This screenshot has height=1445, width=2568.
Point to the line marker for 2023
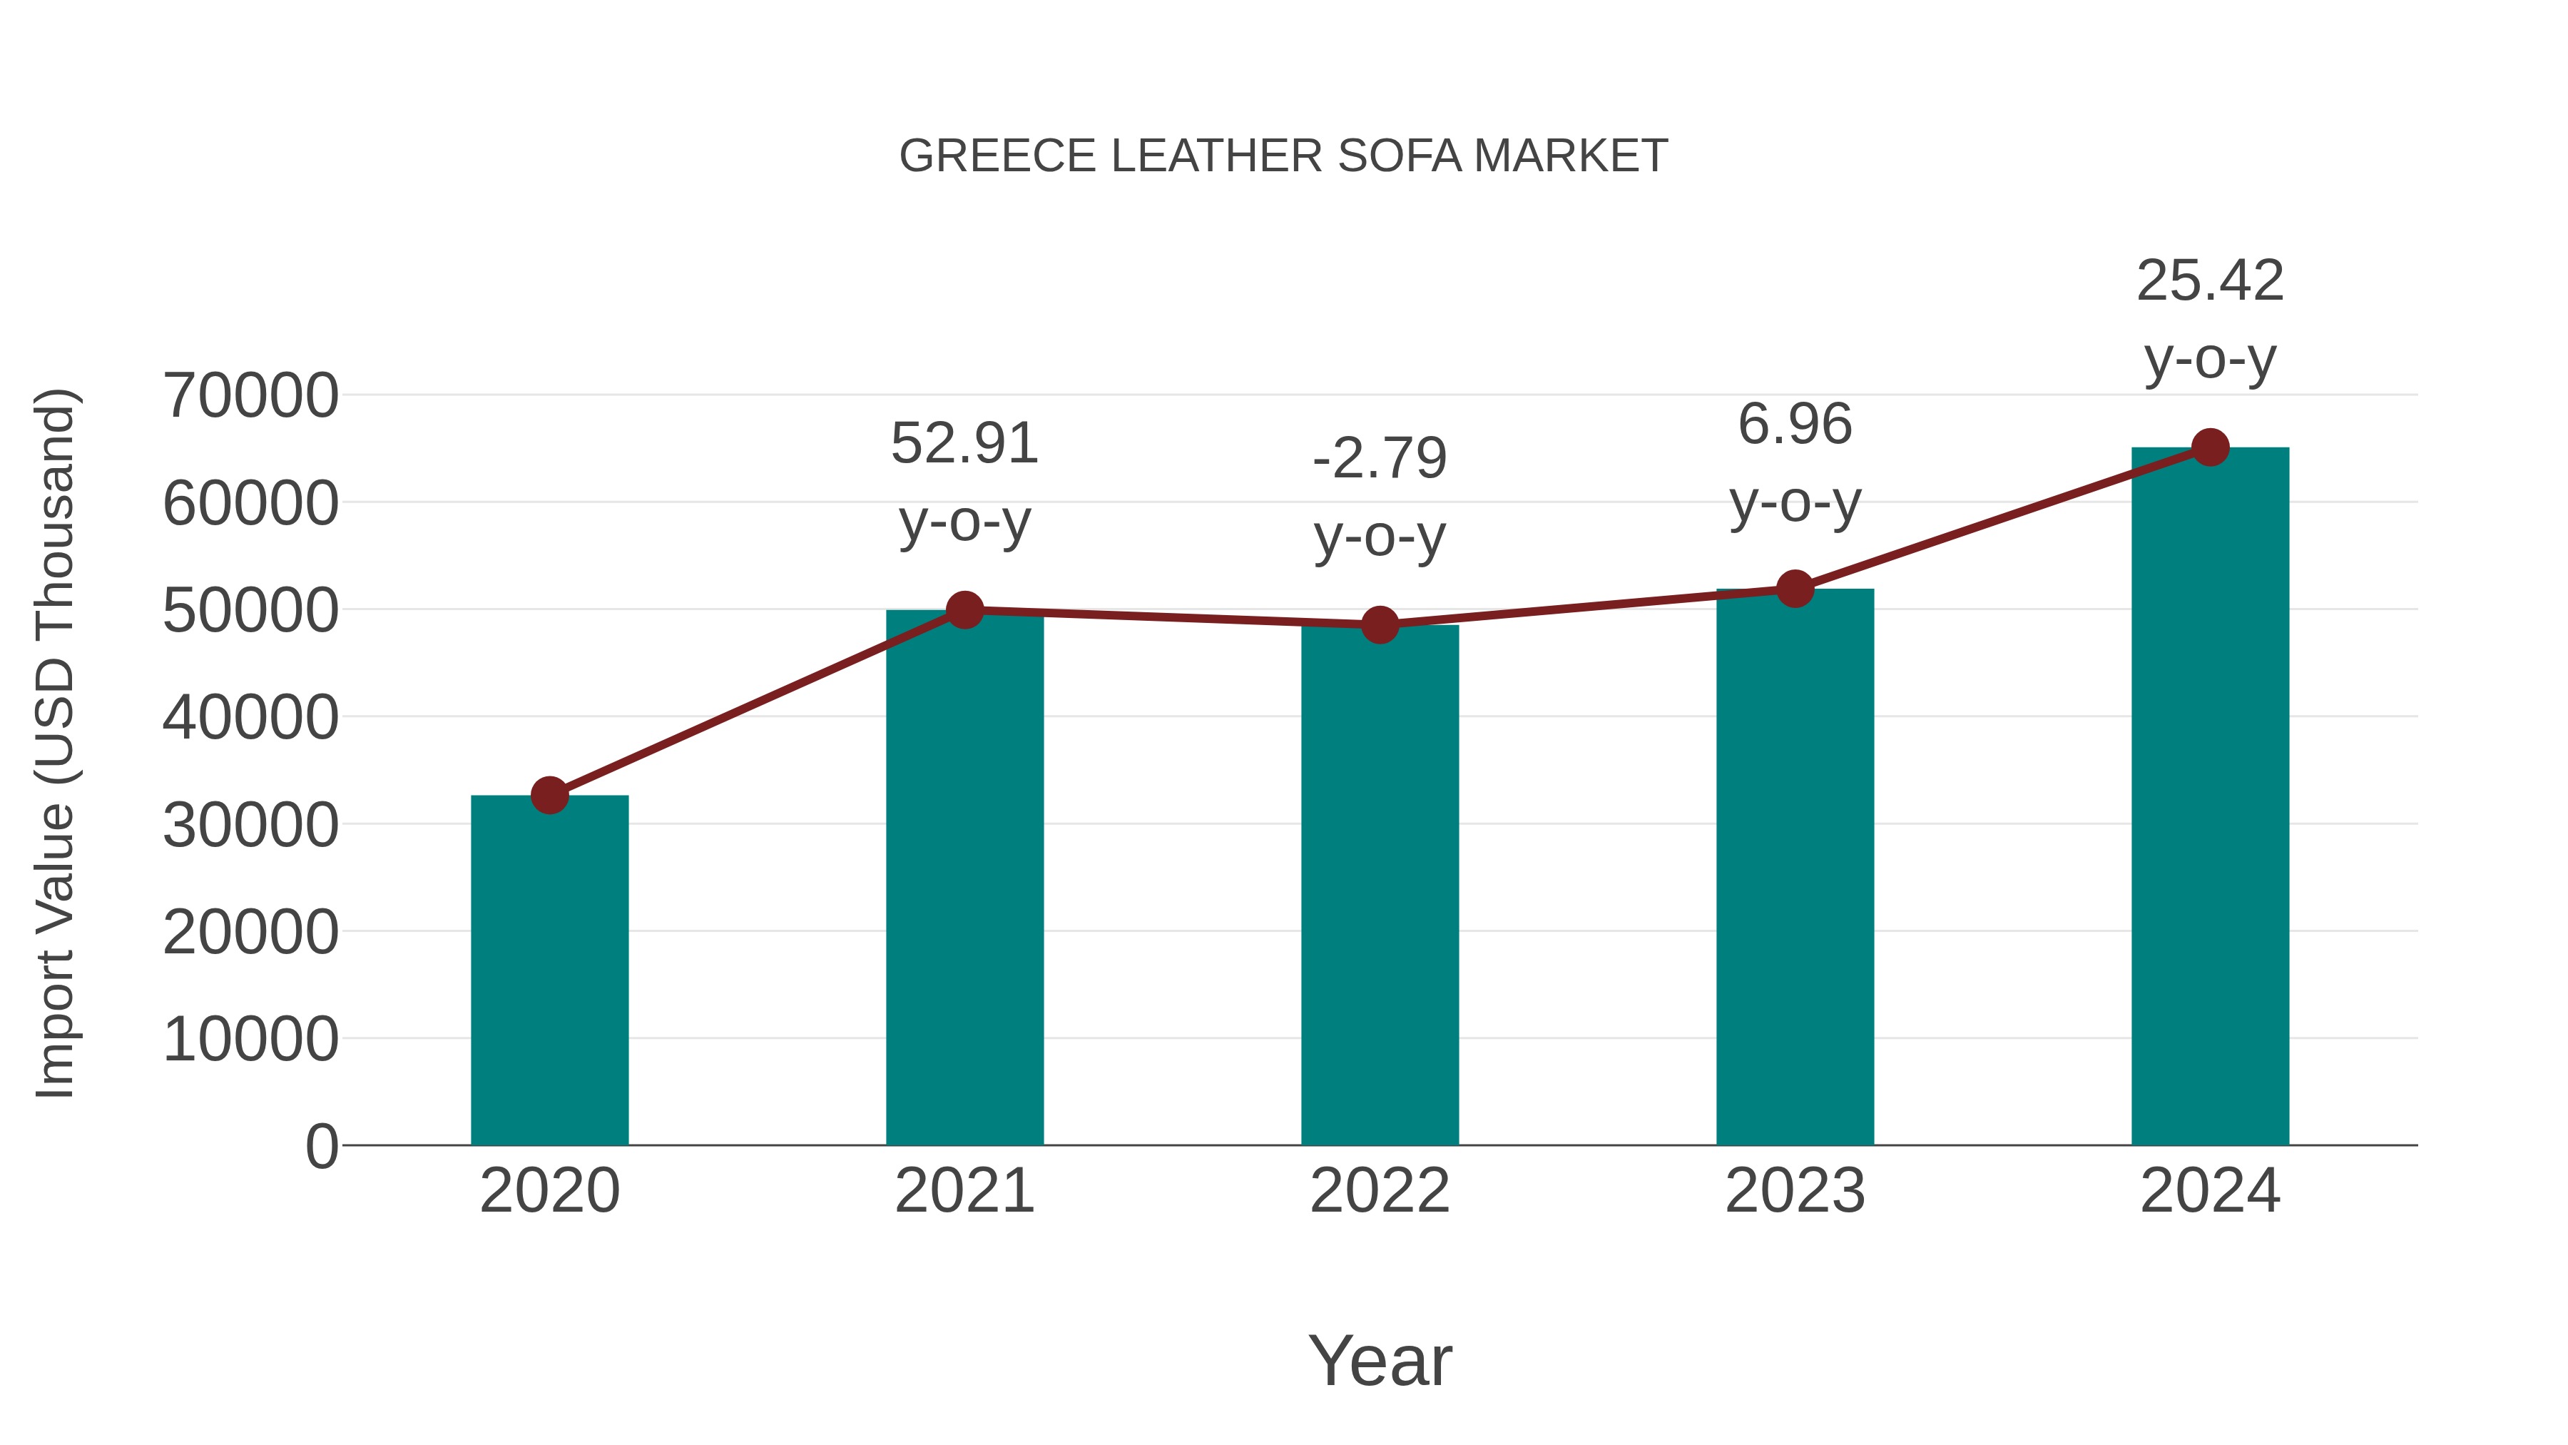[x=1795, y=589]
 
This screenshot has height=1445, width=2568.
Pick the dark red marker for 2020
[x=549, y=795]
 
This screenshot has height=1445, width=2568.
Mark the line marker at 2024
[x=2210, y=447]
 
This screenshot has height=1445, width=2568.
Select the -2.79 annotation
[x=1380, y=459]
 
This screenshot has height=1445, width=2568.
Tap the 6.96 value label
[x=1795, y=425]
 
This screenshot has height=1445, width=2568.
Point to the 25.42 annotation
[x=2210, y=281]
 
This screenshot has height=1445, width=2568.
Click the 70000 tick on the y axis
[x=251, y=396]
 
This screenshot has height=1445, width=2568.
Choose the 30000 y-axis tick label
[x=251, y=826]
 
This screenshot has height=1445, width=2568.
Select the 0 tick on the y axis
[x=322, y=1147]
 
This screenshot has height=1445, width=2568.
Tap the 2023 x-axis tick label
[x=1795, y=1191]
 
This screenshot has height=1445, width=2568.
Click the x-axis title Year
[x=1380, y=1360]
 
